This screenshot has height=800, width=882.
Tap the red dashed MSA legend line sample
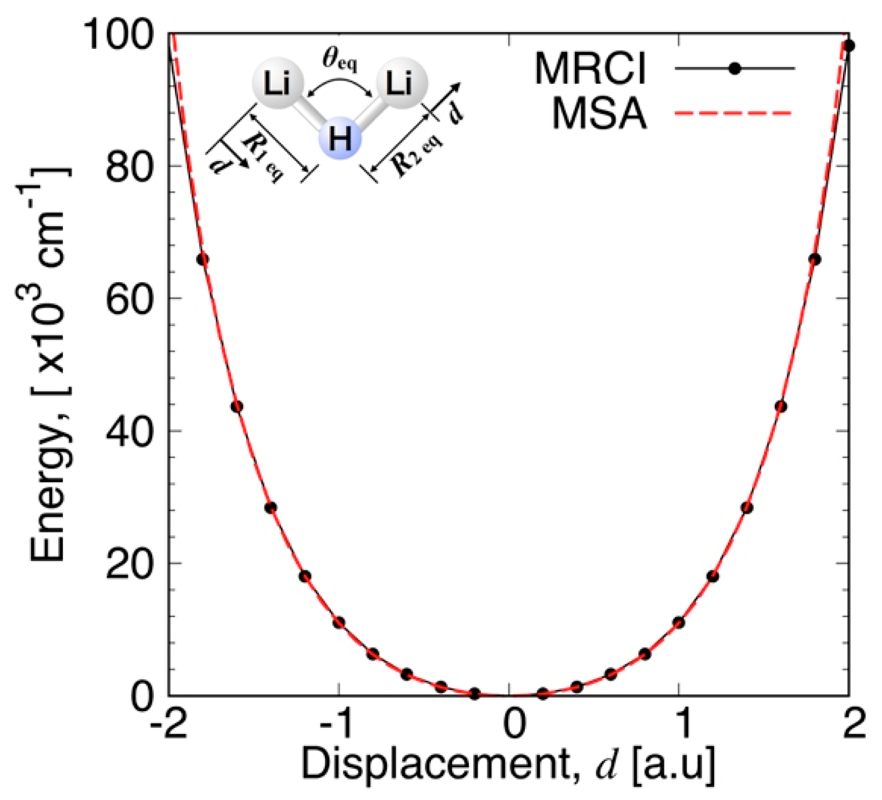tap(733, 113)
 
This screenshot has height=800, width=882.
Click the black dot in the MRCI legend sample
tap(735, 68)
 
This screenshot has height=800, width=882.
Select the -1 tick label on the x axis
tap(335, 723)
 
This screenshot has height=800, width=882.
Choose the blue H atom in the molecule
tap(340, 138)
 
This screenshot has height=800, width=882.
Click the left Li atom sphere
tap(277, 84)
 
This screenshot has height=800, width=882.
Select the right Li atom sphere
tap(402, 84)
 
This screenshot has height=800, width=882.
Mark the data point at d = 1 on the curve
tap(679, 622)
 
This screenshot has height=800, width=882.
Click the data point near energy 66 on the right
tap(815, 259)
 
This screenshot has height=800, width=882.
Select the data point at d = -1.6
tap(237, 407)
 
